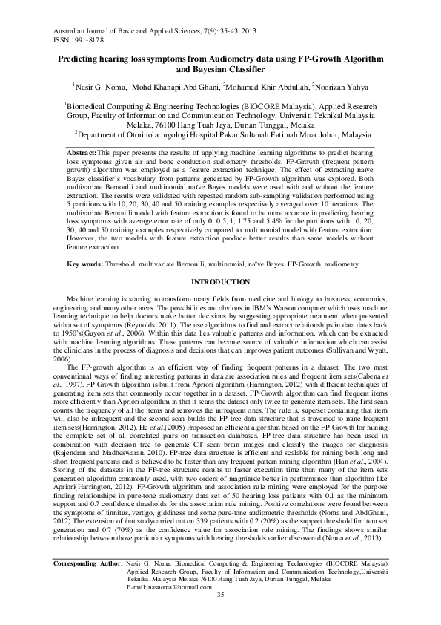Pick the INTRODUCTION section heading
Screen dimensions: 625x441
point(220,283)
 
